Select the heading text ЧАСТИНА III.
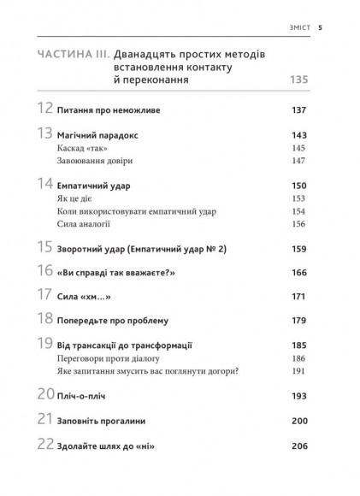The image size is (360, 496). [74, 55]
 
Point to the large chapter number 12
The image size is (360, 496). [45, 109]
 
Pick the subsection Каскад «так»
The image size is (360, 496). [88, 148]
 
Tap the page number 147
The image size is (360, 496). [298, 161]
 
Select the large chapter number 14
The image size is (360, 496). [45, 184]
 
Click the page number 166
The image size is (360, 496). [298, 272]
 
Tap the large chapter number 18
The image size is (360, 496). [45, 319]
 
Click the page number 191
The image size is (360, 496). [298, 372]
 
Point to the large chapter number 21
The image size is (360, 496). [45, 420]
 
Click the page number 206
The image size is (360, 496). [298, 446]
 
